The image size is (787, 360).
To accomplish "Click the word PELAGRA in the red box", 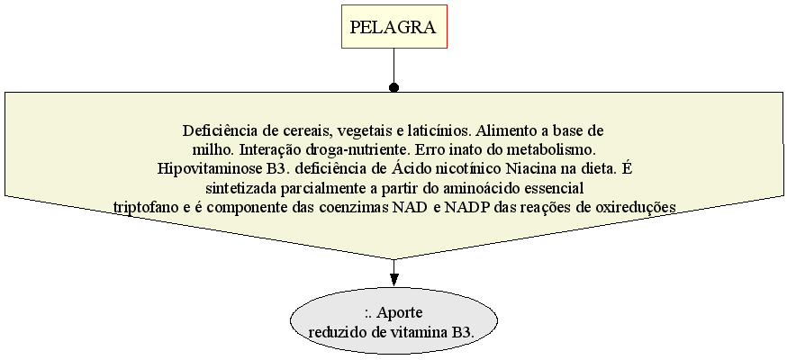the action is pos(393,27).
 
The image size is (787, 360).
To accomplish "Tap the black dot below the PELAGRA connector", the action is pos(394,87).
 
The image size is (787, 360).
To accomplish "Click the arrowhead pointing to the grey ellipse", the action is pos(394,278).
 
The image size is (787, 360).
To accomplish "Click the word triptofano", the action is pos(145,207).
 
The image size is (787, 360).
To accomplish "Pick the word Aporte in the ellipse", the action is pos(400,313).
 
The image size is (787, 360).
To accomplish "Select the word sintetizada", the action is pos(238,188).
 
